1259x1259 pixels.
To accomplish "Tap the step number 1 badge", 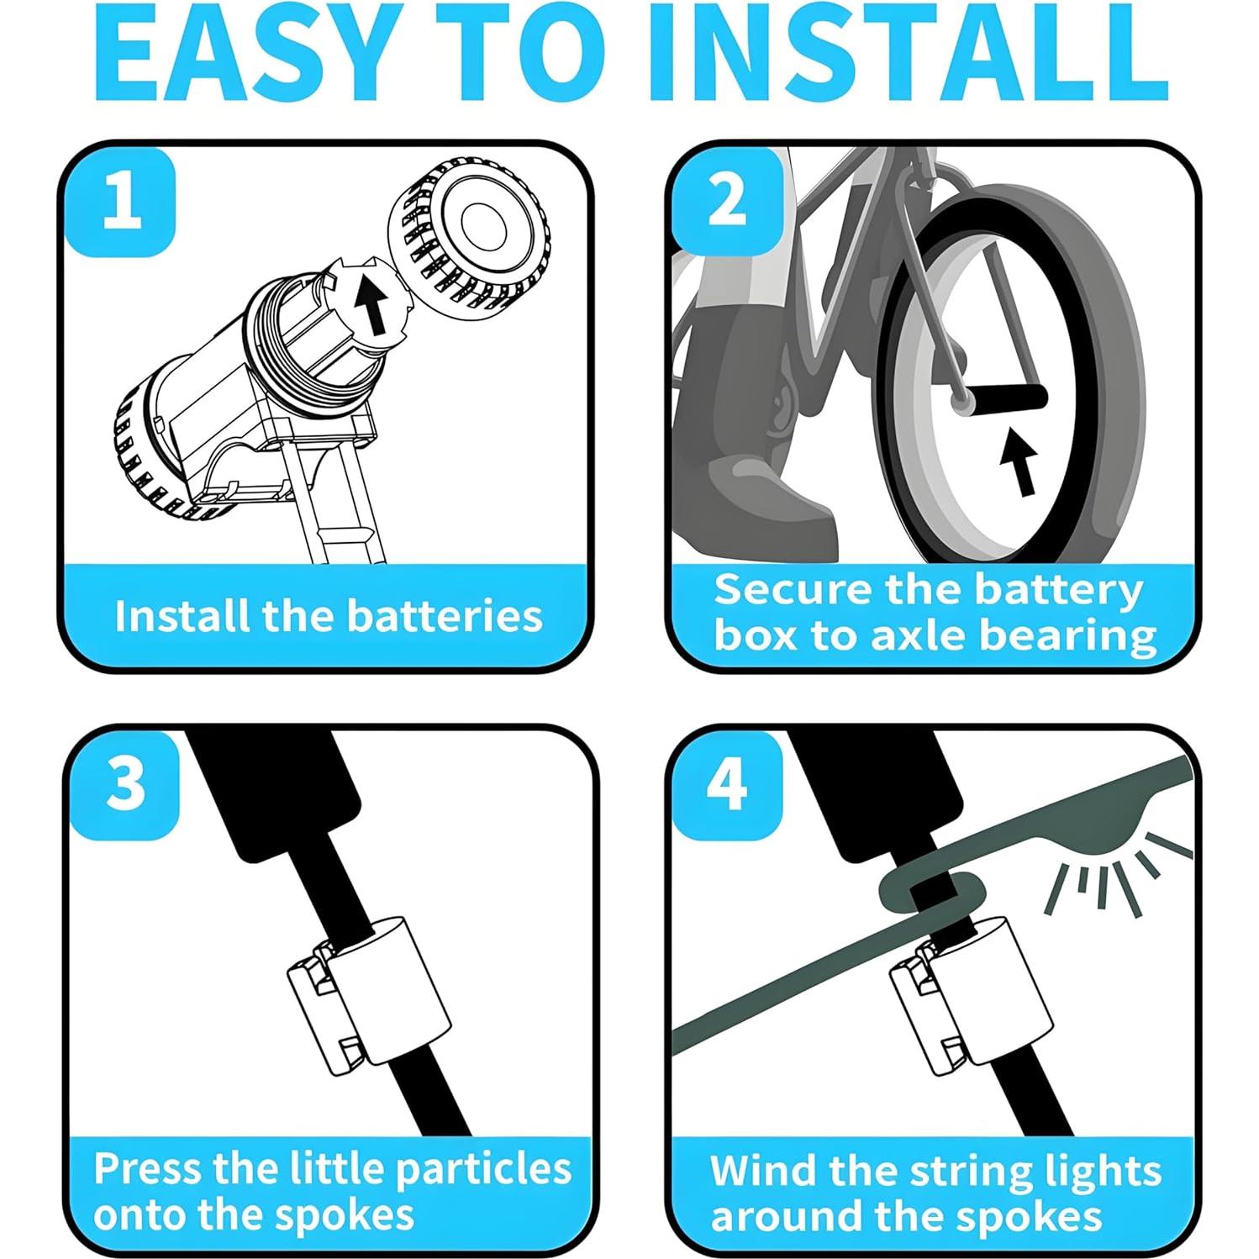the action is click(x=122, y=202).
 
